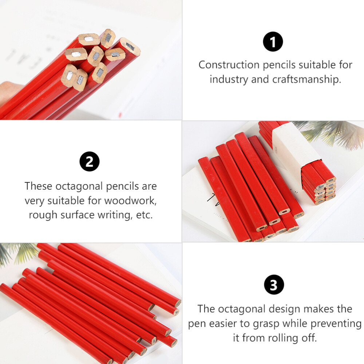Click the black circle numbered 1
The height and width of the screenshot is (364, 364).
click(273, 41)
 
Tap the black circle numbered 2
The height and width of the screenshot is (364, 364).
click(90, 162)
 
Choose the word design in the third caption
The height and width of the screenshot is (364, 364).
click(282, 309)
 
